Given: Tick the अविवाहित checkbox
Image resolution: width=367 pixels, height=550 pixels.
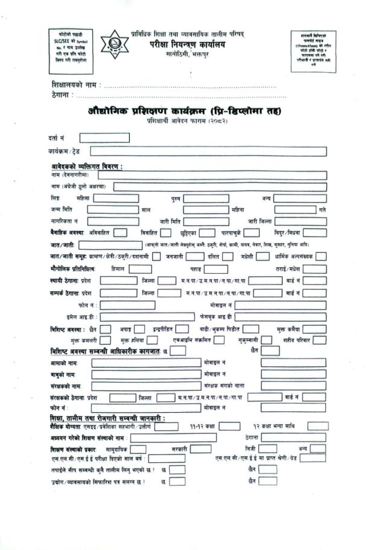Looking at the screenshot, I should (x=120, y=232).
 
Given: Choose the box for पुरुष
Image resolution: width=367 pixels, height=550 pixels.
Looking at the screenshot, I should (x=206, y=198).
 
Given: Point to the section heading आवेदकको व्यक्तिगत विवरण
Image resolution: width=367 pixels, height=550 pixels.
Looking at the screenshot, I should (x=87, y=166).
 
